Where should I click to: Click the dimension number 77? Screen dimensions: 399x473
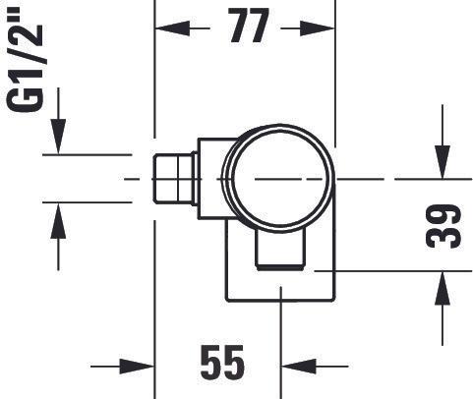click(246, 28)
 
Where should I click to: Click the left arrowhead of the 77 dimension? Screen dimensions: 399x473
click(167, 28)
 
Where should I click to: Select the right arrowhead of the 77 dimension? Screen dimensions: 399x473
click(325, 28)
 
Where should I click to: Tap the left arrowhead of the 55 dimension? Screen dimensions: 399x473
click(144, 367)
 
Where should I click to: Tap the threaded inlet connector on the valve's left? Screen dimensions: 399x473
click(175, 179)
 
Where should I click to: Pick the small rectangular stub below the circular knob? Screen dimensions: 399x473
click(281, 251)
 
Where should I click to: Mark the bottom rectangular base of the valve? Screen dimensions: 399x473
click(281, 285)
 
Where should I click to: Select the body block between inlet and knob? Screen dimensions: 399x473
click(212, 177)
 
